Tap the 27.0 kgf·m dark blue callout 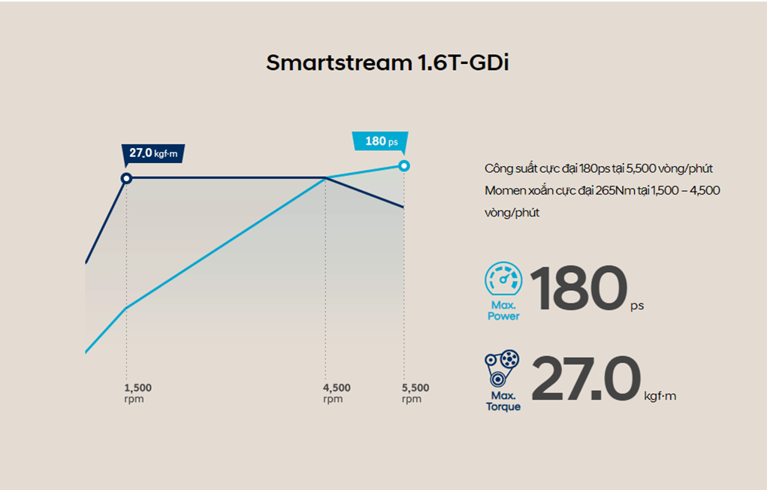coord(153,153)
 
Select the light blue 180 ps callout coord(380,141)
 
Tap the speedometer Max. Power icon coord(503,280)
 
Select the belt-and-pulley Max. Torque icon coord(503,369)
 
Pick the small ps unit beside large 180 coord(637,306)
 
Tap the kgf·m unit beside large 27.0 coord(660,395)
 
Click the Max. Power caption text coord(503,311)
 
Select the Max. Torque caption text coord(503,401)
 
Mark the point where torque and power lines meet coord(325,178)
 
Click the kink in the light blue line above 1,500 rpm coord(126,307)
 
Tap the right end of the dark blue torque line coord(403,207)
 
